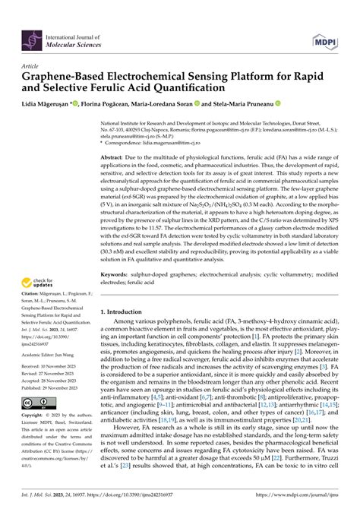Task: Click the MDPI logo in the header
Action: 323,39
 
